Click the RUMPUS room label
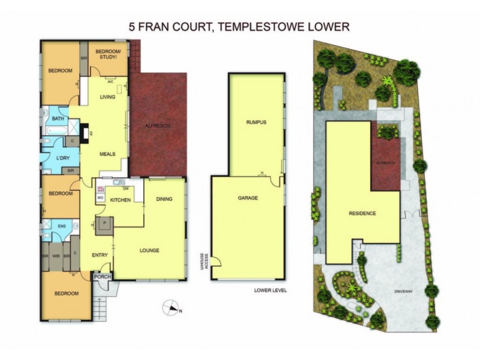[x=256, y=122]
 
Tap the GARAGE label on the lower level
[x=247, y=197]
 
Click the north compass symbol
[x=172, y=308]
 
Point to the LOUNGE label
[x=149, y=250]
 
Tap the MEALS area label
[x=107, y=154]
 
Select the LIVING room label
[x=107, y=97]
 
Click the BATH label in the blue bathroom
[x=58, y=119]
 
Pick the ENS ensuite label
[x=61, y=226]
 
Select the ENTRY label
[x=100, y=255]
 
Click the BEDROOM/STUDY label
[x=109, y=53]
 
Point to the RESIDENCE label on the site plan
[x=362, y=213]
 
